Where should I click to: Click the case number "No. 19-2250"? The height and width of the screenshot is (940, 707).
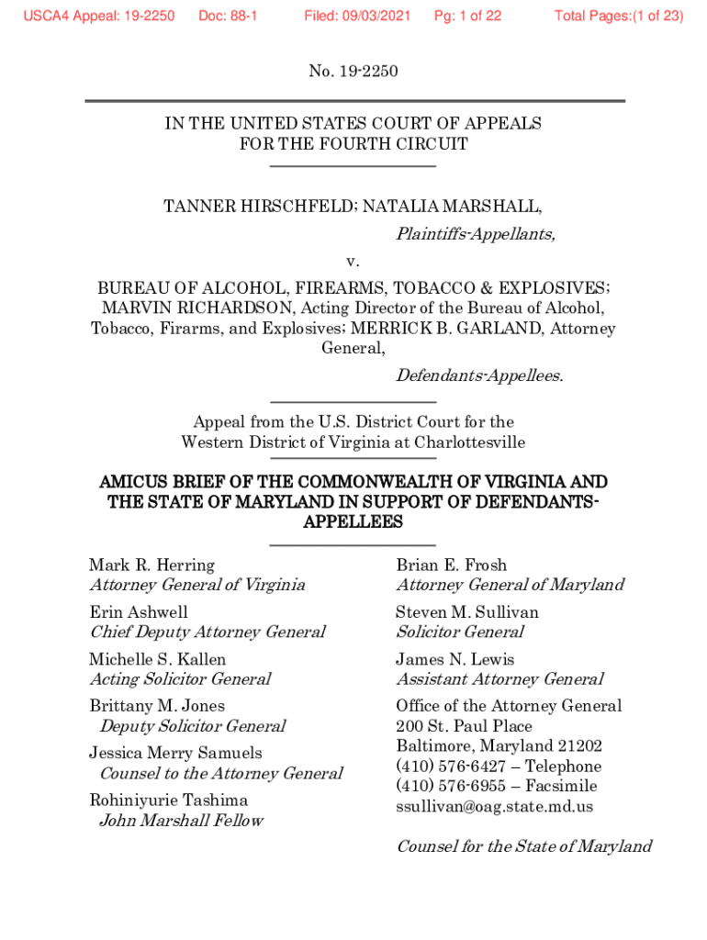(x=353, y=71)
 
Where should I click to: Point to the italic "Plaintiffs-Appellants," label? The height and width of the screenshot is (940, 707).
(x=475, y=234)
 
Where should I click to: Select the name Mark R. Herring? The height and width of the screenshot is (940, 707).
(x=151, y=565)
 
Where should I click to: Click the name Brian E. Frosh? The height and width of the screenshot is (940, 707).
(x=451, y=565)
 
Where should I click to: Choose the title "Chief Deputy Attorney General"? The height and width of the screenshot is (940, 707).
(x=207, y=632)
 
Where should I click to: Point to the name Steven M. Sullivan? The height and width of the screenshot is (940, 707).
(x=466, y=611)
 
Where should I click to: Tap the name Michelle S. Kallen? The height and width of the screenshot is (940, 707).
(x=157, y=659)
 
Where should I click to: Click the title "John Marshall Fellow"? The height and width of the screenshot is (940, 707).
(x=181, y=820)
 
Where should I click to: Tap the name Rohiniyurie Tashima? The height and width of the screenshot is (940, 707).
(x=168, y=800)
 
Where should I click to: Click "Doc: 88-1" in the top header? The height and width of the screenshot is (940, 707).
(x=228, y=16)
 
